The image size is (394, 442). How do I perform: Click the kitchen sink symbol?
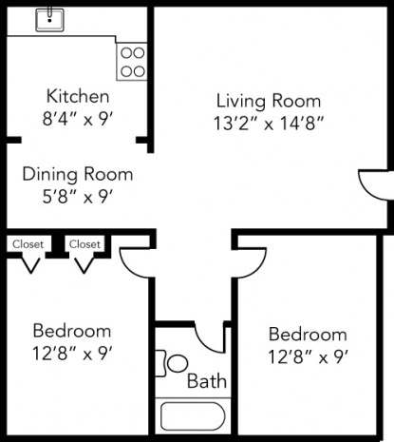[x=49, y=19]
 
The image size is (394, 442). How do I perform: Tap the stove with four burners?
[x=132, y=62]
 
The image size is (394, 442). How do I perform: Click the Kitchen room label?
[x=78, y=96]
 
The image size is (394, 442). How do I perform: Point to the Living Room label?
[x=269, y=100]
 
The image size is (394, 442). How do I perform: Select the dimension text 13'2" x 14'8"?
[x=270, y=122]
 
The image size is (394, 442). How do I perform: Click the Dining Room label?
[x=78, y=174]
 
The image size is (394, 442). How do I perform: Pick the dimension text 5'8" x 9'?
[x=78, y=197]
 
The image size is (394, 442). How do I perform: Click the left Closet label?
[x=28, y=244]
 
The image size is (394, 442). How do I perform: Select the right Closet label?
[x=84, y=244]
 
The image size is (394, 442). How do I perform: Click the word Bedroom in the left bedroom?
[x=72, y=331]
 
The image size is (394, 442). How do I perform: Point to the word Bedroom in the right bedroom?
[x=308, y=335]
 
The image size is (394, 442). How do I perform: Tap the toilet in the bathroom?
[x=176, y=363]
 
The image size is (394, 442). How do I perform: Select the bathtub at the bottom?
[x=196, y=417]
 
